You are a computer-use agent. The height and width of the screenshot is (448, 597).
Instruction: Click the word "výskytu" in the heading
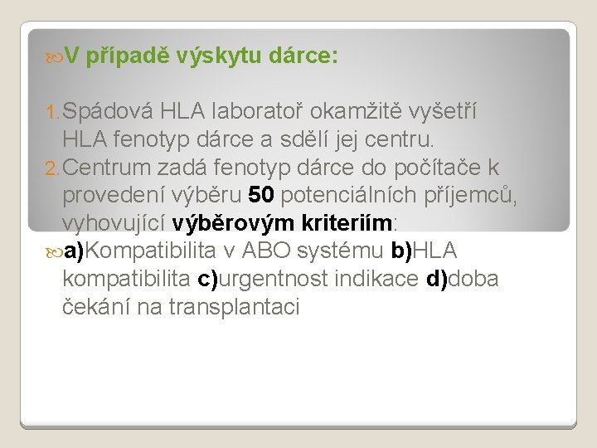[x=223, y=57]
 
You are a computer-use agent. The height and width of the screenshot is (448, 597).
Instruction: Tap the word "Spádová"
[x=108, y=111]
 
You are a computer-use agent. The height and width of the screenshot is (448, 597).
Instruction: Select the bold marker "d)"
[x=435, y=280]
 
